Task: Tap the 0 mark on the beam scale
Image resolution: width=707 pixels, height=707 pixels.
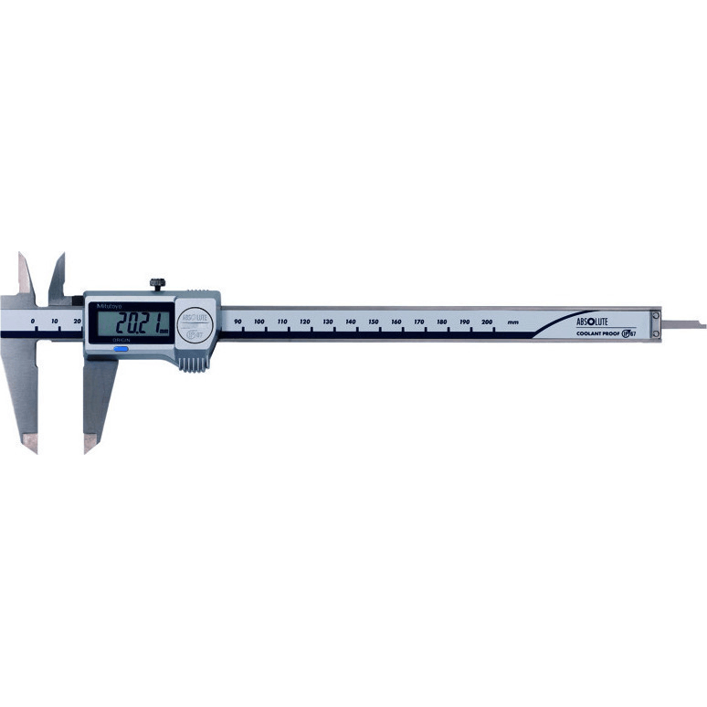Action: (32, 322)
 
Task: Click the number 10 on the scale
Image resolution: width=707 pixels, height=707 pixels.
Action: (55, 322)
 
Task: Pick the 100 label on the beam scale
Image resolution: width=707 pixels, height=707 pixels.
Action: (259, 322)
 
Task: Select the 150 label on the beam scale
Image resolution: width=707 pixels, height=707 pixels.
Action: (374, 322)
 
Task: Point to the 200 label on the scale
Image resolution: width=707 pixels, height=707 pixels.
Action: (487, 322)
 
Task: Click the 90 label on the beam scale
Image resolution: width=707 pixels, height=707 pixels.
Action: (237, 322)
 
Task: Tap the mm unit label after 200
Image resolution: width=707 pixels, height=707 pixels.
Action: (513, 322)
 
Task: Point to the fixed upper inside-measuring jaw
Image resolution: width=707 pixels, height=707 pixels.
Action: (24, 274)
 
